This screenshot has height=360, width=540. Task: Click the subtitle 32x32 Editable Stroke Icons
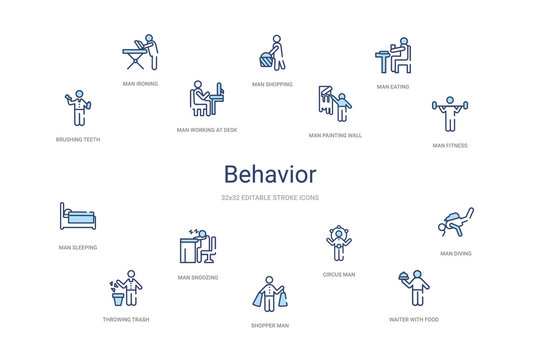pos(269,199)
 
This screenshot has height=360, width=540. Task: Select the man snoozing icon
pos(199,246)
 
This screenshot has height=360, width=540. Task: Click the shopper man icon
pos(270,295)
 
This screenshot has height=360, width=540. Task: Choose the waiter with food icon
pos(413,288)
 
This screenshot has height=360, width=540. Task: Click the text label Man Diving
pos(456,254)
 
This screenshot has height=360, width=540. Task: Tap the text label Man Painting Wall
pos(335,134)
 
